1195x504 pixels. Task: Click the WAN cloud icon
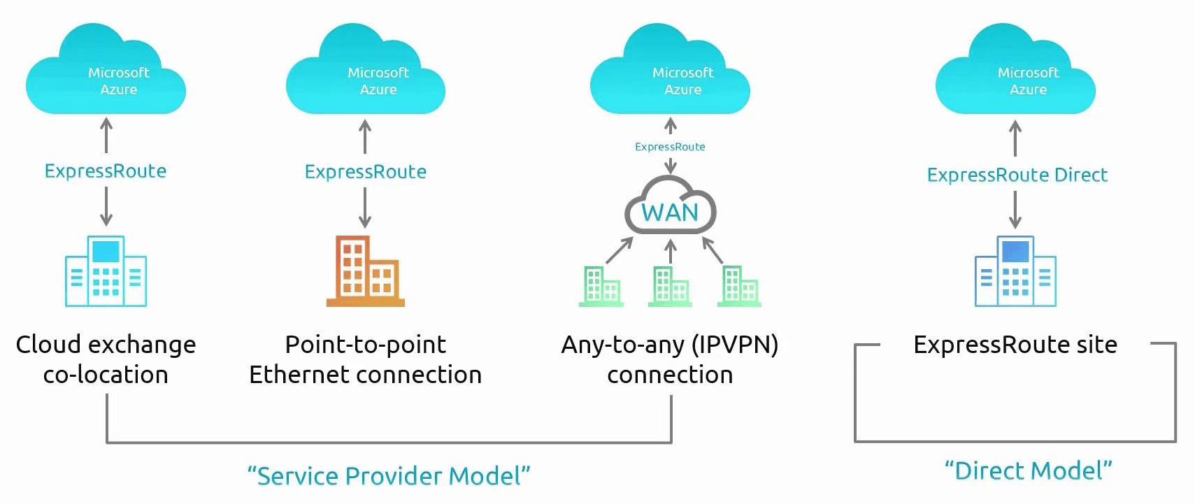tap(670, 206)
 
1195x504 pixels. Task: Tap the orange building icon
tap(365, 271)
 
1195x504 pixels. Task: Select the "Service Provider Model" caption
tap(389, 476)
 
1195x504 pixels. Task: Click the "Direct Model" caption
tap(1028, 470)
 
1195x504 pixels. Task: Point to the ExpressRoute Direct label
tap(1017, 175)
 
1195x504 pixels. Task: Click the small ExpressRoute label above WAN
tap(670, 147)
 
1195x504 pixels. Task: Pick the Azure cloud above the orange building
tap(366, 73)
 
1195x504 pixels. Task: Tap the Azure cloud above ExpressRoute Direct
tap(1015, 73)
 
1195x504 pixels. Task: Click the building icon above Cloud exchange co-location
tap(106, 271)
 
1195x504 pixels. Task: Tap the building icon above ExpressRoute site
tap(1015, 271)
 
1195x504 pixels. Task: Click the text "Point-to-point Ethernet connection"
tap(365, 359)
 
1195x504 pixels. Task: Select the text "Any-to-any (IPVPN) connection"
tap(670, 359)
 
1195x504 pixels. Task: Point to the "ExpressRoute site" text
tap(1015, 345)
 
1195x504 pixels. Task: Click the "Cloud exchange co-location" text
tap(106, 359)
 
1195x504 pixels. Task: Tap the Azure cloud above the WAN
tap(670, 73)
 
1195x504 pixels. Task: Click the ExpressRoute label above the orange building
tap(365, 172)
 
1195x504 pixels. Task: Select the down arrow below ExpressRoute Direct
tap(1015, 210)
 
